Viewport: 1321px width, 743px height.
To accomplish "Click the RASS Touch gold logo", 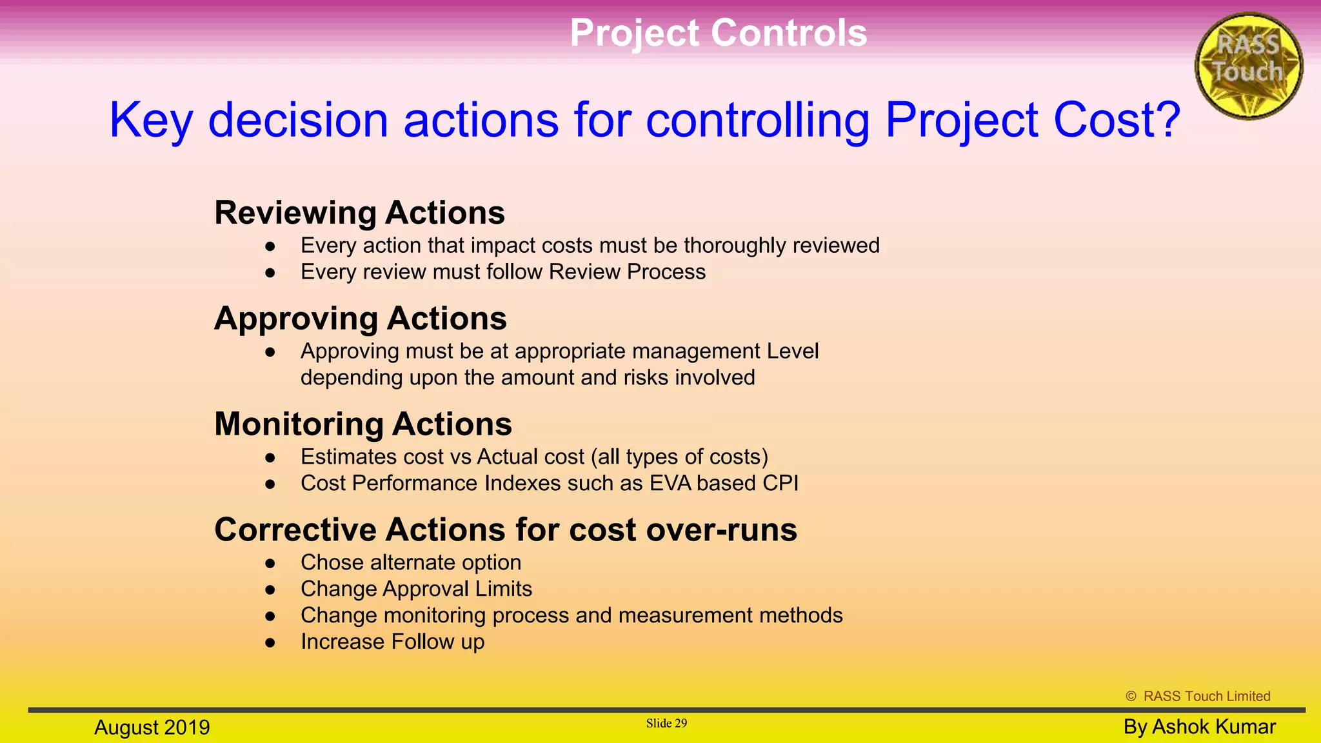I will tap(1248, 66).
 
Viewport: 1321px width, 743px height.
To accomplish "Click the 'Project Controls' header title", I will tap(718, 33).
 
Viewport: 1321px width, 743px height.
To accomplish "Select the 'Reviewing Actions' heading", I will tap(359, 213).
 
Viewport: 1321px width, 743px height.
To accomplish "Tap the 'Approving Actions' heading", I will tap(361, 319).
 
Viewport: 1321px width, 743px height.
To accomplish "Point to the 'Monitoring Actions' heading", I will tap(363, 424).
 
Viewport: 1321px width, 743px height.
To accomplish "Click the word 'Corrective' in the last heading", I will tap(295, 530).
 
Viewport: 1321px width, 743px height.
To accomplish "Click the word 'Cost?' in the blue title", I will tap(1117, 120).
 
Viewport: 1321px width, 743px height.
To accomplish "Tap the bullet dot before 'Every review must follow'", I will tap(270, 273).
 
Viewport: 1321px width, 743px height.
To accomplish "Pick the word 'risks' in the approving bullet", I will tap(646, 378).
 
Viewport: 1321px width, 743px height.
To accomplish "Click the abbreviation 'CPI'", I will tap(780, 484).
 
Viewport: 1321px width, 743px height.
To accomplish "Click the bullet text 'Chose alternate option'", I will tap(410, 562).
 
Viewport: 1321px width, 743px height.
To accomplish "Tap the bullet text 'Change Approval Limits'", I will tap(416, 589).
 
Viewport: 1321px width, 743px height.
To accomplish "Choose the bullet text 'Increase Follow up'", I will tap(392, 642).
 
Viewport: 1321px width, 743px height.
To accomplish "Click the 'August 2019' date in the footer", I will tap(152, 728).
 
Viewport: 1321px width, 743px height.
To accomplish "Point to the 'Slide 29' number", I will tap(666, 724).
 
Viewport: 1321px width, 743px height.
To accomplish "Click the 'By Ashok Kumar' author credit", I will tap(1199, 727).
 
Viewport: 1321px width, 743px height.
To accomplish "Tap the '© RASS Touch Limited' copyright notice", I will tap(1198, 697).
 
